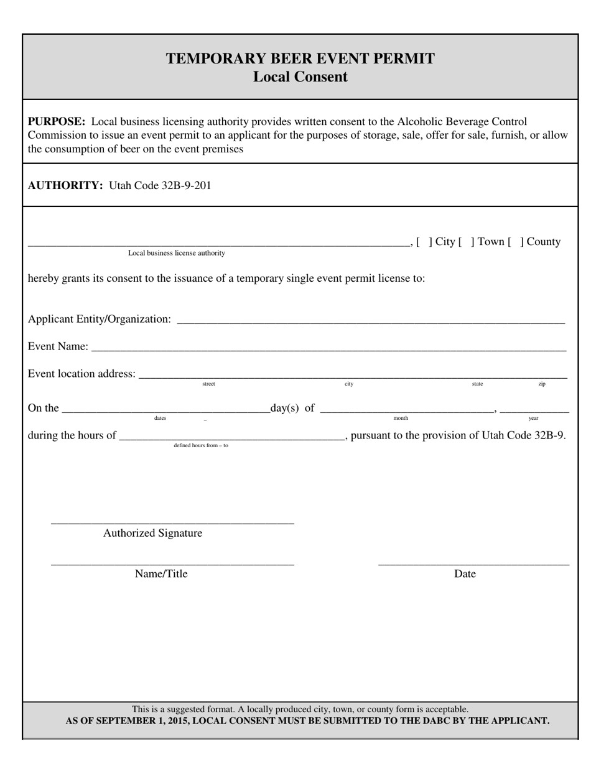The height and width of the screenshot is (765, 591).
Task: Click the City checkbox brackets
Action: tap(424, 242)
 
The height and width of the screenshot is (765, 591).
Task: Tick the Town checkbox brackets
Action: tap(467, 242)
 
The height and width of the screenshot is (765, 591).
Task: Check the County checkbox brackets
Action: tap(516, 242)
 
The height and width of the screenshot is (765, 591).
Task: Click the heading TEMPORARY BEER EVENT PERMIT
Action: tap(300, 58)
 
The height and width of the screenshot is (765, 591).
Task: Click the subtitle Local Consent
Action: tap(300, 77)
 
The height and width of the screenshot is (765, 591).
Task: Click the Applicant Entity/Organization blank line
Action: tap(371, 322)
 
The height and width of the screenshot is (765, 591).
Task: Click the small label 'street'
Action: tap(208, 384)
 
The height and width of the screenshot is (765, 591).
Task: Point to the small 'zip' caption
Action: tap(542, 384)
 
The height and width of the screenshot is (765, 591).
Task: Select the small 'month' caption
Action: tap(401, 418)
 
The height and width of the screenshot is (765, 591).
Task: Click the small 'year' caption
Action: tap(533, 418)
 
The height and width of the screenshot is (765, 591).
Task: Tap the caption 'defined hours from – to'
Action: tap(201, 445)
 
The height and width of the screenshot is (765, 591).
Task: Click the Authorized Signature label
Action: tap(152, 533)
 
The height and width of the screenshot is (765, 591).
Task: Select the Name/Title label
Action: tap(161, 573)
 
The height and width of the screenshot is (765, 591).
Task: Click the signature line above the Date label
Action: tap(473, 564)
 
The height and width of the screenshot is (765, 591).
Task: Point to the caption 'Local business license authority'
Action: tap(177, 253)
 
